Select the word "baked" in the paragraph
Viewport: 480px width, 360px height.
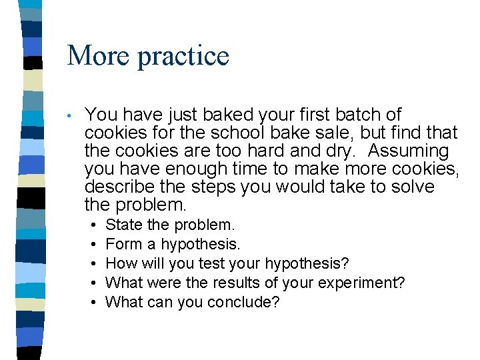[x=211, y=115]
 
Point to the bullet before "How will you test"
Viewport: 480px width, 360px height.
[x=95, y=264]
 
